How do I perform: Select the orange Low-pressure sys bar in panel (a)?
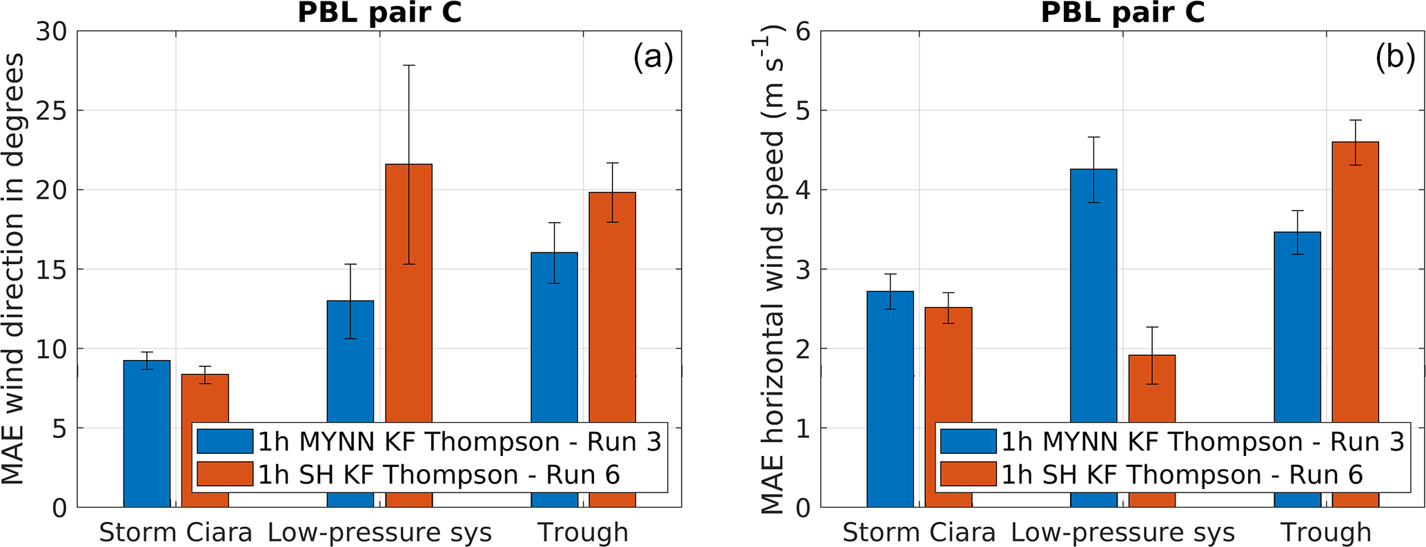coord(408,290)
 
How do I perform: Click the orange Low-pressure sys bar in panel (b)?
coord(1152,390)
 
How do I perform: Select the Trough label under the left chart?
coord(583,533)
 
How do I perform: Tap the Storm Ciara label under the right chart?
coord(919,533)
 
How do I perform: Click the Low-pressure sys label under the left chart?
coord(379,533)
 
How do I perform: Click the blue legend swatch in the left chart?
coord(225,441)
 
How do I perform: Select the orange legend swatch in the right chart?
coord(968,475)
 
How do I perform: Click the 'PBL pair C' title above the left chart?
coord(379,12)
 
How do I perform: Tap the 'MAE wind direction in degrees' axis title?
coord(14,269)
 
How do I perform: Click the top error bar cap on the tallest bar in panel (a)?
coord(408,65)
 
